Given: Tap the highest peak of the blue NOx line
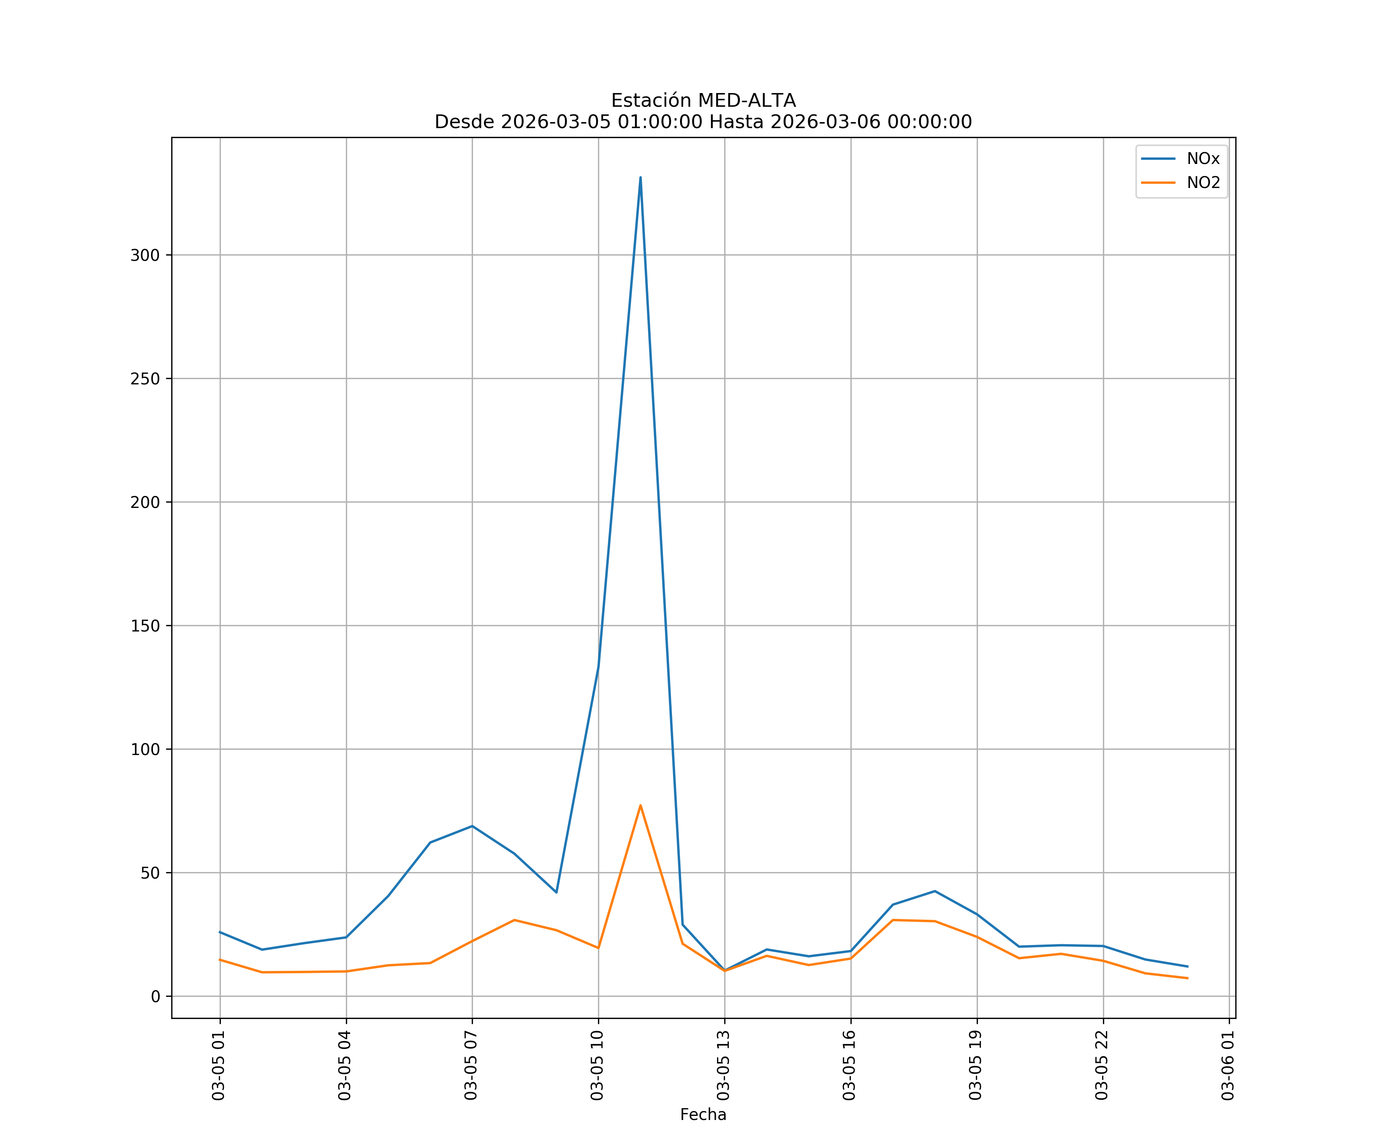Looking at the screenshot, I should [x=640, y=177].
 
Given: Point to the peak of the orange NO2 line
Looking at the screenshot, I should [x=640, y=805].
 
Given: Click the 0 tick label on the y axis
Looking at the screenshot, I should [x=155, y=996].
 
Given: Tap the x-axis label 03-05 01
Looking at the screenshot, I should [x=219, y=1065].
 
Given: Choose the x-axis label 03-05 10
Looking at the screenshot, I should [x=597, y=1065].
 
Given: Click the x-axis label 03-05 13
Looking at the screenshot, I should [x=723, y=1065].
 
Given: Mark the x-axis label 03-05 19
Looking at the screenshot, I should [x=976, y=1065].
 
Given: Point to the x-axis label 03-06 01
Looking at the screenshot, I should [x=1228, y=1065].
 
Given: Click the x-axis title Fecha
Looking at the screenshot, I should [x=703, y=1115].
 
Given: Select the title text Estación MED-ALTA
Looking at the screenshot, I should [x=703, y=101].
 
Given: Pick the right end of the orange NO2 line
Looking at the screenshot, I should [x=1187, y=978].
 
